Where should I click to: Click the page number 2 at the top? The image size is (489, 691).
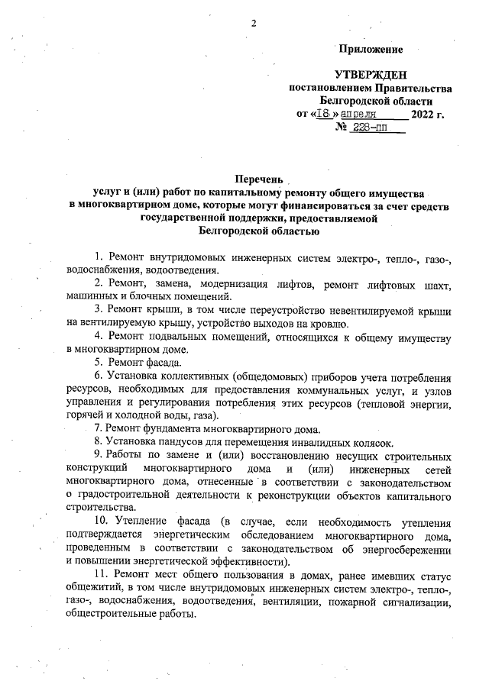(252, 22)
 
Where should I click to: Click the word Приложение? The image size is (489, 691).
(371, 49)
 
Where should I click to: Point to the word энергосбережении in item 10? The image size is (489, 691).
(405, 547)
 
